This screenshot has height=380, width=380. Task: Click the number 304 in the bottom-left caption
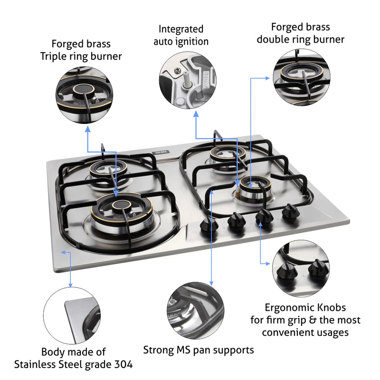coord(123,365)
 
